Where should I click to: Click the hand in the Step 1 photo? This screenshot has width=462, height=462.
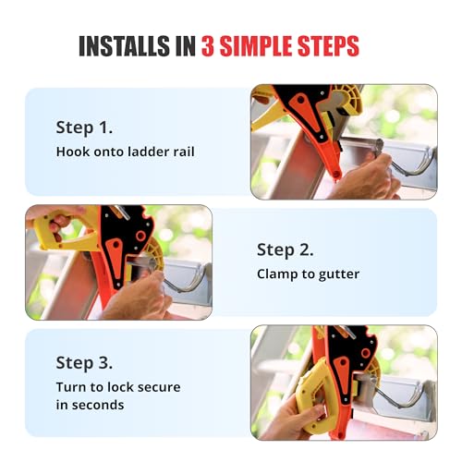coord(365,176)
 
